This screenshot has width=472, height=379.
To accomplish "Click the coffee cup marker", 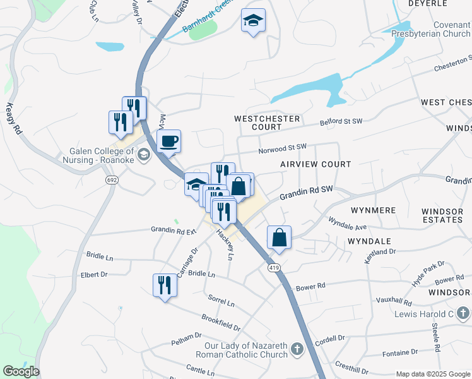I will (168, 141).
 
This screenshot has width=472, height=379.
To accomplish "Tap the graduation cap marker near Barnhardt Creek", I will (253, 21).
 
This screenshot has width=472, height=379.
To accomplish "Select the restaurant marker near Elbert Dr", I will (165, 284).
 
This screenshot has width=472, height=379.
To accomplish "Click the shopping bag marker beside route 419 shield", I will (279, 238).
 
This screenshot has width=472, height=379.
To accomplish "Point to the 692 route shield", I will (112, 180).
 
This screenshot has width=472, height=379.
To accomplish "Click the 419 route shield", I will (274, 268).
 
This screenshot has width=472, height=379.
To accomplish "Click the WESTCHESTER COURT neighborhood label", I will (257, 123).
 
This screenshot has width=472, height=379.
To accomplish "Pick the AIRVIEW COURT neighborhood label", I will (316, 164).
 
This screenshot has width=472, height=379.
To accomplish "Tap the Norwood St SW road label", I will (282, 148).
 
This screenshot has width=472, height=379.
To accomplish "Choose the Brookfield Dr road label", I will (221, 323).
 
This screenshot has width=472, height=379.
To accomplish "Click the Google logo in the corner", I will (21, 371).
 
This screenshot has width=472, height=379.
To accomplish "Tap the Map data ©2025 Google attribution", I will (433, 374).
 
